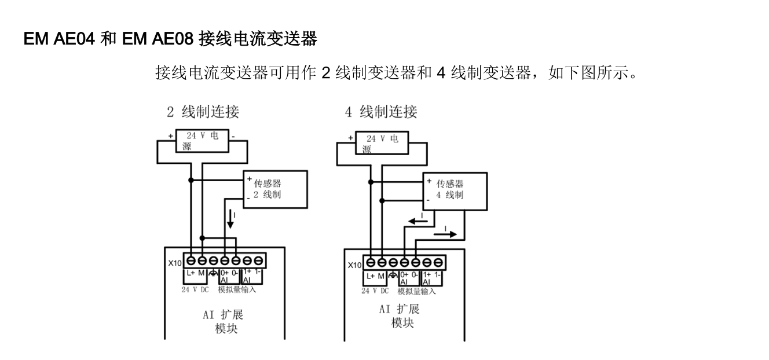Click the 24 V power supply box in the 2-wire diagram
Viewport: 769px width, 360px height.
[202, 142]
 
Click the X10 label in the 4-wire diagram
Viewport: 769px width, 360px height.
[354, 265]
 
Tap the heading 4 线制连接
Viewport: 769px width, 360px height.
[381, 112]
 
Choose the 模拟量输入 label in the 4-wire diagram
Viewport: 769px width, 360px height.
[416, 291]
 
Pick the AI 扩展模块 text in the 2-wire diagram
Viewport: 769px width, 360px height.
[224, 321]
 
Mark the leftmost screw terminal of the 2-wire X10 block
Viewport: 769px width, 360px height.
[191, 259]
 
